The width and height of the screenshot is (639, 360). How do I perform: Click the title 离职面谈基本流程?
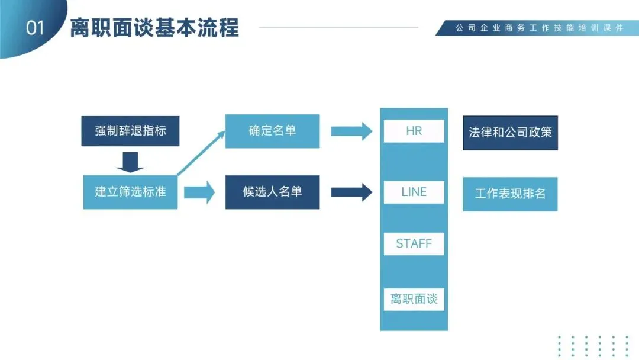[154, 28]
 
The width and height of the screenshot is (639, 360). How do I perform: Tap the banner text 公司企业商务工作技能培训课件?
[539, 28]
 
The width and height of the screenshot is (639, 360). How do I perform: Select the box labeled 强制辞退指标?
[130, 131]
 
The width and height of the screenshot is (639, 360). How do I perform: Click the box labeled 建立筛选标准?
[130, 192]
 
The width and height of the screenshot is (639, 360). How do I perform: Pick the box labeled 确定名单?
[272, 131]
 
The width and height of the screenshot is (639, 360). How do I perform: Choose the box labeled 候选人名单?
[272, 192]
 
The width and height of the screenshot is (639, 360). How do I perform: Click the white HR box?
[414, 131]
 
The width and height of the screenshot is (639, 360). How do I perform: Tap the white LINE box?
[414, 192]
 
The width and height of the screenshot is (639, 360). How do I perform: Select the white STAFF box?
[414, 243]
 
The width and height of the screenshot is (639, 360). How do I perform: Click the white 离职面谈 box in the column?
[414, 299]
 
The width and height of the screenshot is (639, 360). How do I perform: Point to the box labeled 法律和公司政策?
[510, 133]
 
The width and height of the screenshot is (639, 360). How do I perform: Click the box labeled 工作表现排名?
[510, 194]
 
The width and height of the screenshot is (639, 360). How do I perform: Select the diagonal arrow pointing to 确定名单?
[201, 153]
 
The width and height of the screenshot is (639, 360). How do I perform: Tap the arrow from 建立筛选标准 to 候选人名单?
[200, 192]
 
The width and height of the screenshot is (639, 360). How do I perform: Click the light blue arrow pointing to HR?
[351, 131]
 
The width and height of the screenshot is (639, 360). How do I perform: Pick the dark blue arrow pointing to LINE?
[351, 192]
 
